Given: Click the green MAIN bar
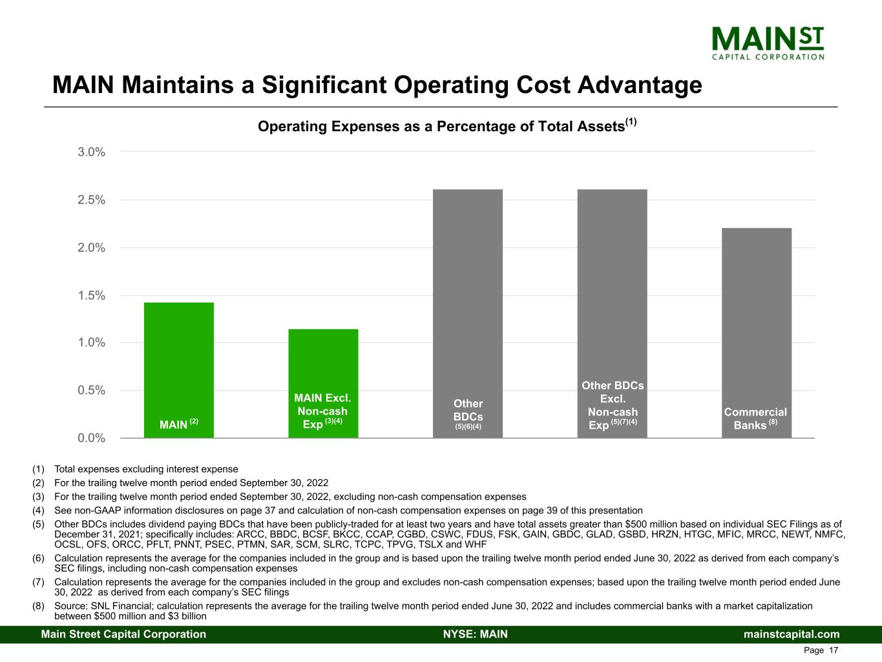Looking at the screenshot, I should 178,362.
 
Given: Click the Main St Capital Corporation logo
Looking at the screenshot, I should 768,42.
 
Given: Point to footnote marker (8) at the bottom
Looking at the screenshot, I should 39,606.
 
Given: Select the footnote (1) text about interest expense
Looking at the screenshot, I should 146,469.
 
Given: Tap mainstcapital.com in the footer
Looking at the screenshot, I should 792,634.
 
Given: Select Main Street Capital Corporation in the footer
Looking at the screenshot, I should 123,634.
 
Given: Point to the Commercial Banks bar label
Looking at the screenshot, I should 755,418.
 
